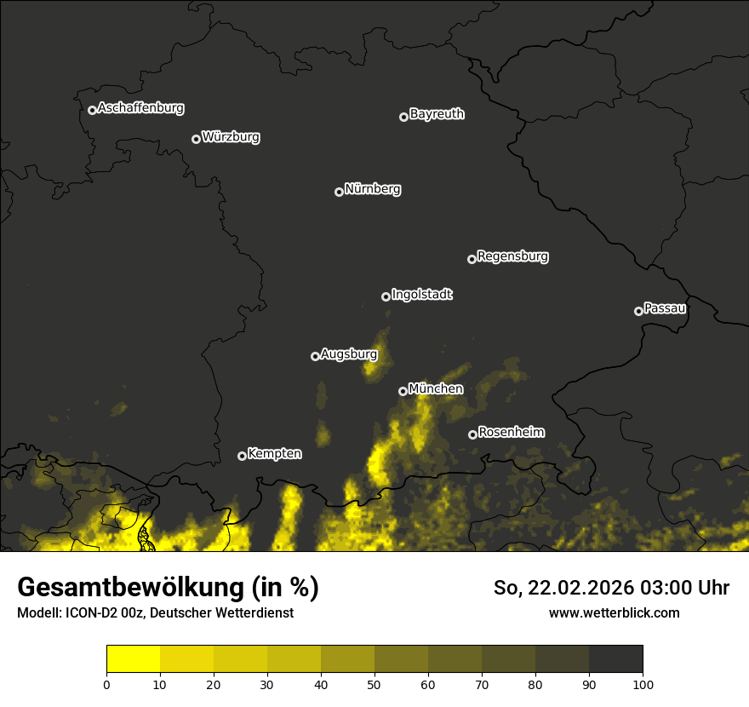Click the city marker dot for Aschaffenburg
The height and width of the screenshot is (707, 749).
click(x=92, y=110)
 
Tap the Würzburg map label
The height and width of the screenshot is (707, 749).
click(x=231, y=137)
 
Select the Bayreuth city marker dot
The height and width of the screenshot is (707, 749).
click(x=403, y=117)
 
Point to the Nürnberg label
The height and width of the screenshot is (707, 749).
click(x=373, y=189)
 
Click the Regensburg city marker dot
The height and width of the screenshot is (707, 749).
click(x=472, y=259)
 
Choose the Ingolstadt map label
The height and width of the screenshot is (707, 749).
click(x=422, y=295)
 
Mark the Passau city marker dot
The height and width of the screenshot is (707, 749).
click(x=638, y=311)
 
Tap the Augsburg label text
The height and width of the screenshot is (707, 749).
click(x=349, y=353)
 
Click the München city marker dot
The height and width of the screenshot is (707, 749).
click(x=403, y=391)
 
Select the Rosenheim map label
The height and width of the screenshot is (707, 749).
click(x=511, y=433)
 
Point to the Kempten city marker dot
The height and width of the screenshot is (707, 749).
click(x=242, y=456)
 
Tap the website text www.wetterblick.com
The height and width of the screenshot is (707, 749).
click(x=615, y=613)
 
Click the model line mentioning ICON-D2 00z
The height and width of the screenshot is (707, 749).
click(x=155, y=613)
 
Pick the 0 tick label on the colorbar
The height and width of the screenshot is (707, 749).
click(x=106, y=684)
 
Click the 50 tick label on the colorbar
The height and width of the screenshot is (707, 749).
click(x=374, y=684)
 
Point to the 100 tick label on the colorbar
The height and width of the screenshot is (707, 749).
click(x=643, y=684)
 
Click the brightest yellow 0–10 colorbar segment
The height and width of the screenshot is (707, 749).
click(x=134, y=658)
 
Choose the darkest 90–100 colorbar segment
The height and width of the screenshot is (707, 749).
click(x=615, y=658)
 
